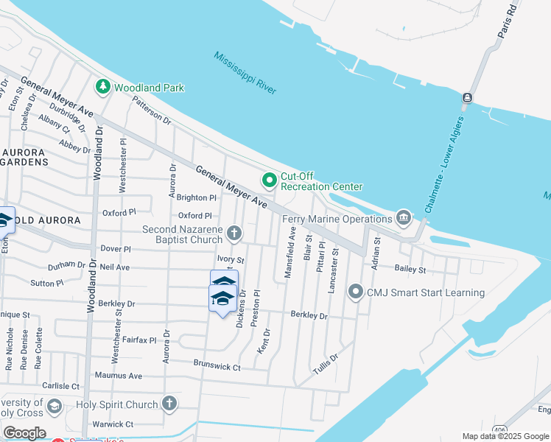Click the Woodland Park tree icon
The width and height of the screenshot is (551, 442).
[x=102, y=87]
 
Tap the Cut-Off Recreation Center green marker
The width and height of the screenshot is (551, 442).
[x=270, y=180]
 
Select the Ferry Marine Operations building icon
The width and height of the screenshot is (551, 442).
[x=404, y=217]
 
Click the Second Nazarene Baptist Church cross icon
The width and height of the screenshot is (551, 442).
[x=234, y=234]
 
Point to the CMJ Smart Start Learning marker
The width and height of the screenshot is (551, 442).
[x=356, y=292]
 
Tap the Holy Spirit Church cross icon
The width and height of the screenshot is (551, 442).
[x=169, y=404]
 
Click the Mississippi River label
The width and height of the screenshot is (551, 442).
[x=245, y=73]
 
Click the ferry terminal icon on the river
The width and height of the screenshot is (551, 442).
[x=467, y=98]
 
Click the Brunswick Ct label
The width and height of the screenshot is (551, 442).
[x=217, y=365]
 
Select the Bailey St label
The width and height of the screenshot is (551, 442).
[x=410, y=270]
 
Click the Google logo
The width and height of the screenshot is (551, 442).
[x=24, y=433]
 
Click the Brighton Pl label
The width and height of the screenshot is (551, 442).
[x=197, y=197]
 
